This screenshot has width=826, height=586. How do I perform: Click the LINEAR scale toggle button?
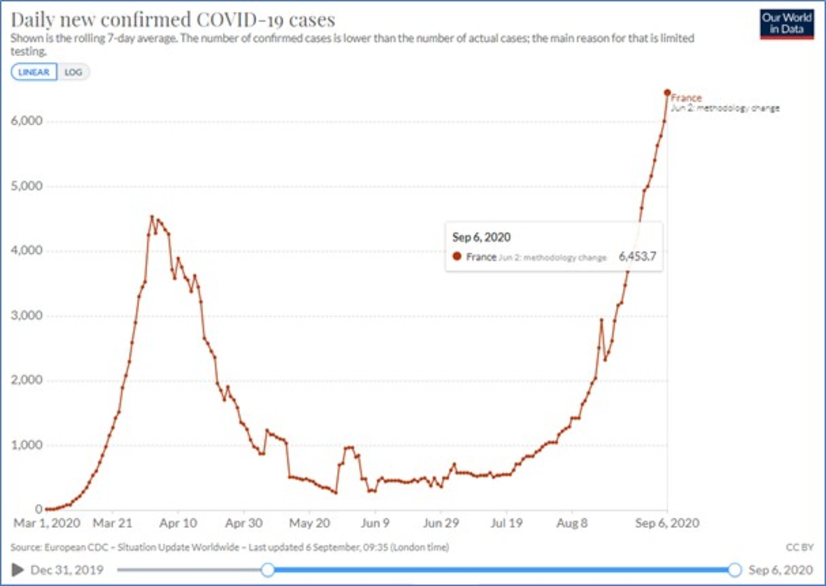point(34,72)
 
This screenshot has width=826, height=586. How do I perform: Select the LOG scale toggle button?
point(73,72)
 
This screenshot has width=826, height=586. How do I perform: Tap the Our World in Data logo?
point(787,24)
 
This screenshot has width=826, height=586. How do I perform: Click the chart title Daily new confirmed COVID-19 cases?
point(173,20)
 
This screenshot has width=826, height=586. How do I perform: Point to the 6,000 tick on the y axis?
point(27,121)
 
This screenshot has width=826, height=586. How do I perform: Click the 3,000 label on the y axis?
point(27,315)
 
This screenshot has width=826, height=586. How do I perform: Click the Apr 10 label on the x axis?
point(178,523)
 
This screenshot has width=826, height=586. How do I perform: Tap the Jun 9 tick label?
point(375,523)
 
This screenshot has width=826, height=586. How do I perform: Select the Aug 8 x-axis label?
point(572,523)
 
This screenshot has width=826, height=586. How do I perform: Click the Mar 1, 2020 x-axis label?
point(47,523)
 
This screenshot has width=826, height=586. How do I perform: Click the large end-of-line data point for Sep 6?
point(667,92)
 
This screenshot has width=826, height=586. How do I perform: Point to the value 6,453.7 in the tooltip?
point(637,257)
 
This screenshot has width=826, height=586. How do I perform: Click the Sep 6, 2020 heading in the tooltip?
point(481,237)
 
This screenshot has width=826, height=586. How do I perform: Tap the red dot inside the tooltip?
point(457,257)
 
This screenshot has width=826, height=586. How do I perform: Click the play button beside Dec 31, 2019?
point(17,570)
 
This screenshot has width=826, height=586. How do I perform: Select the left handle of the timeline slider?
point(268,570)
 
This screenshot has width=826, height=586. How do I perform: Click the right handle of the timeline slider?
point(734,570)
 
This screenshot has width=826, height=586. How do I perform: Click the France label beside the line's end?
point(686,98)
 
